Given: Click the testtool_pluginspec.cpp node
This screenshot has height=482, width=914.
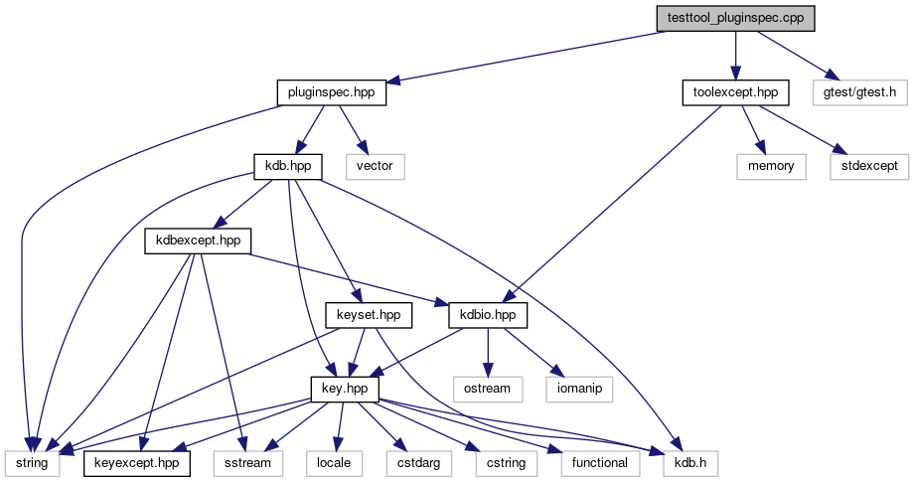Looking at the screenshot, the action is tap(735, 18).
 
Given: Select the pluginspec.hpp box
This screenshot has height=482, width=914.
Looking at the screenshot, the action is tap(331, 92).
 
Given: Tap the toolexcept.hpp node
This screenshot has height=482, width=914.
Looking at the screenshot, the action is tap(735, 92).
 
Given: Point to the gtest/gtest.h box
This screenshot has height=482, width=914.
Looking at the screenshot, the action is tap(859, 92).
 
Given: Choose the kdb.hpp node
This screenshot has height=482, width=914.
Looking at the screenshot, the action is tap(288, 167).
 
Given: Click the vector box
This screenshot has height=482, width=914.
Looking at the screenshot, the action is tap(375, 167).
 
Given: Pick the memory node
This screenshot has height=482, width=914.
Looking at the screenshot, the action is tap(771, 167).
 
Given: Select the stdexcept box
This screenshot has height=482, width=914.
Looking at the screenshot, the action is tap(869, 167).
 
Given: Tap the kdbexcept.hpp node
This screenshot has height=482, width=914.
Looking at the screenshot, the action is tap(198, 241).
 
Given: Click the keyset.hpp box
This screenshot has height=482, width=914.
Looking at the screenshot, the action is tap(369, 315).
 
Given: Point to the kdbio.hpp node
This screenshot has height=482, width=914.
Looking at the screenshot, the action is tap(488, 315).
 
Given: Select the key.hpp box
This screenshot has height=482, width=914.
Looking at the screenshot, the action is tap(345, 390).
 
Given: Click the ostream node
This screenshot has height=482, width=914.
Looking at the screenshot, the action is tap(488, 390).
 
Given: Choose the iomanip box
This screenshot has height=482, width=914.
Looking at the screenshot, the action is tap(579, 390).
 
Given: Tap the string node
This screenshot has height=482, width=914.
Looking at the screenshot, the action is tap(32, 463).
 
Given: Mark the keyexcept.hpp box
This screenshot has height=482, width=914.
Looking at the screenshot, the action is tap(136, 463).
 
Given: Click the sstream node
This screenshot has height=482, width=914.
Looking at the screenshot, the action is tap(247, 463).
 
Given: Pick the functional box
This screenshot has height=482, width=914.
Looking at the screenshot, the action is tap(600, 463).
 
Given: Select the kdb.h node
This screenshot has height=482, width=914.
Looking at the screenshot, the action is tap(690, 463).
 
